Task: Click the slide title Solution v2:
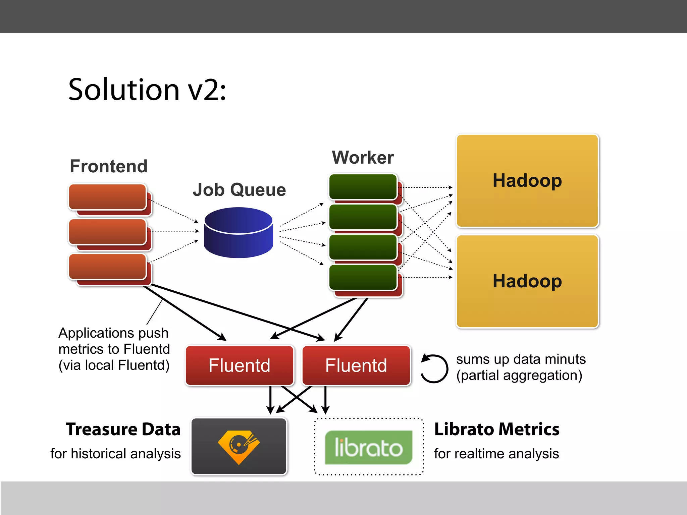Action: click(x=147, y=90)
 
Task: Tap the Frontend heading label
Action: click(x=108, y=166)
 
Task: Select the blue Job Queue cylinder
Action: click(x=238, y=232)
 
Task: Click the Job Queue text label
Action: click(x=239, y=190)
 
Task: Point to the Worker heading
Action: click(x=363, y=158)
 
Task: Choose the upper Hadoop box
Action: click(x=527, y=181)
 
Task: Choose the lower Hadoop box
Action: click(x=527, y=281)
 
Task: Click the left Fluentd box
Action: click(x=239, y=365)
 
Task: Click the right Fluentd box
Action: click(x=356, y=365)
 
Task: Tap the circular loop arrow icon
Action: click(x=434, y=368)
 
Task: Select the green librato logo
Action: click(x=368, y=447)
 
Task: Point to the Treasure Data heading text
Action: click(x=123, y=429)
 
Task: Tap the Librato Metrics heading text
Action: click(x=496, y=429)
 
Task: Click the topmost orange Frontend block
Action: click(x=107, y=197)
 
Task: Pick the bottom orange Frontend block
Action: click(x=107, y=267)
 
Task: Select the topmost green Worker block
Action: click(x=363, y=186)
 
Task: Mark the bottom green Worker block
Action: click(x=363, y=277)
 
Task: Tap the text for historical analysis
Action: click(x=115, y=454)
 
